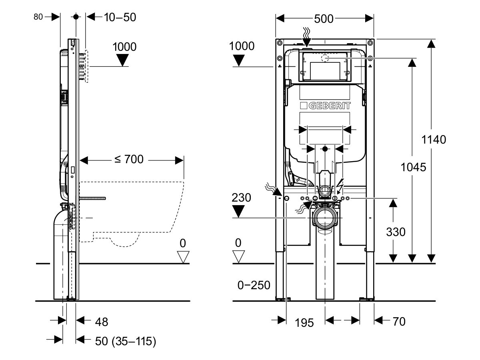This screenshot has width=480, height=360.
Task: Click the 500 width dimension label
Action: pyautogui.click(x=324, y=19)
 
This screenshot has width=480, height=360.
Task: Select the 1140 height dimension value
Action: pyautogui.click(x=434, y=140)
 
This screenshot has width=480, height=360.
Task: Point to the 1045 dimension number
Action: pyautogui.click(x=413, y=167)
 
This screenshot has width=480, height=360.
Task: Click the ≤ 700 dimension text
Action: pyautogui.click(x=129, y=160)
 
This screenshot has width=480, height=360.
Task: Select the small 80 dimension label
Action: pyautogui.click(x=38, y=17)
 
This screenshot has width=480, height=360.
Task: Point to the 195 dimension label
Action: pyautogui.click(x=304, y=322)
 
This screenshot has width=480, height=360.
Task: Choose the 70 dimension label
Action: pyautogui.click(x=399, y=321)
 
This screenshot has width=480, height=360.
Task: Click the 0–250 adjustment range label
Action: pyautogui.click(x=254, y=285)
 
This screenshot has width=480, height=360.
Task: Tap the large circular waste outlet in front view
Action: pyautogui.click(x=325, y=218)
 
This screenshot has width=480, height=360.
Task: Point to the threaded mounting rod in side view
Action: pyautogui.click(x=92, y=198)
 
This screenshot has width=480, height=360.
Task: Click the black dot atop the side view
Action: pyautogui.click(x=76, y=17)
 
